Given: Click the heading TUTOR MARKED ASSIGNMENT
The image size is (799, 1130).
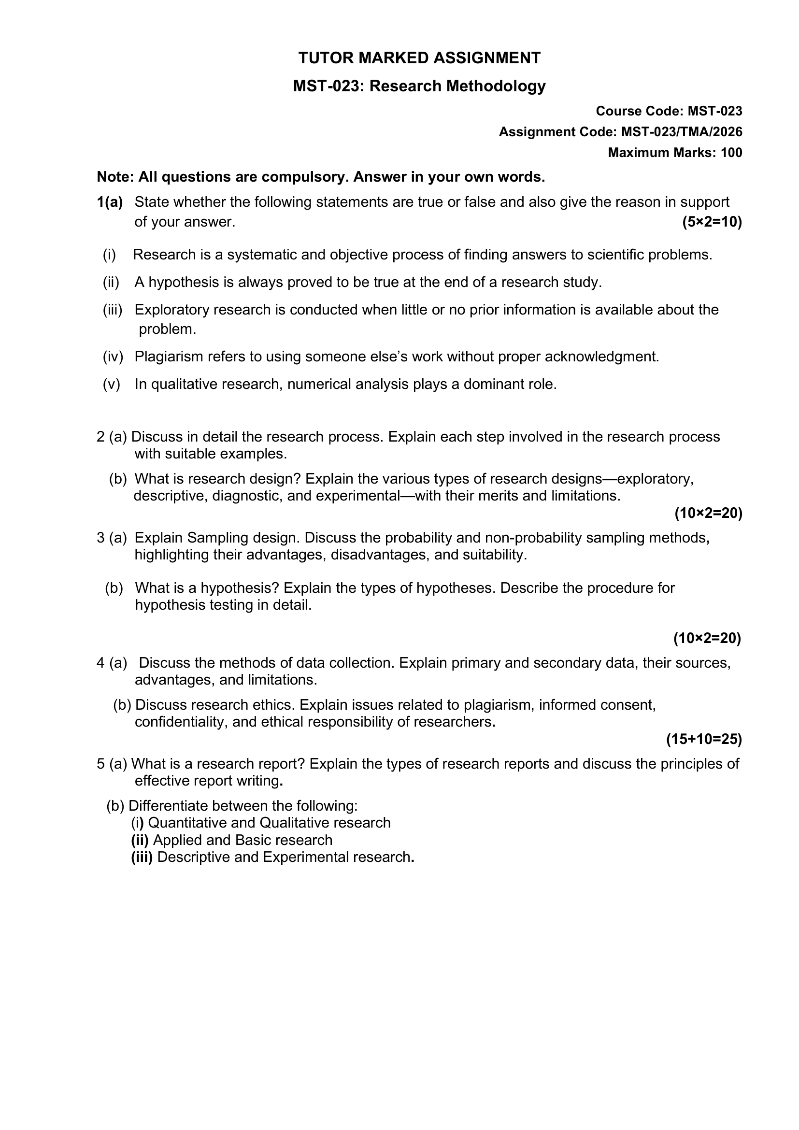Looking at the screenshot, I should (419, 58).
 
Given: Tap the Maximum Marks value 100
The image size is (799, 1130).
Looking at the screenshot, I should (731, 153).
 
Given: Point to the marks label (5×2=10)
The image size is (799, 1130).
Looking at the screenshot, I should (712, 222).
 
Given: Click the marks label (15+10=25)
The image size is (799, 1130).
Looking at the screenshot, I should (703, 739).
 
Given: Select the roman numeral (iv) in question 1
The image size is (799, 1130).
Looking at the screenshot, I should (113, 357).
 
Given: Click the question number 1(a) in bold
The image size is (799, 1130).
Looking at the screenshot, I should (110, 202).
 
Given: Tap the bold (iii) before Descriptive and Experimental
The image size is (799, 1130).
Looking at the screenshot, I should (142, 857).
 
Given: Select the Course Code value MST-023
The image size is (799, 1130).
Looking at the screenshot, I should (714, 111).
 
